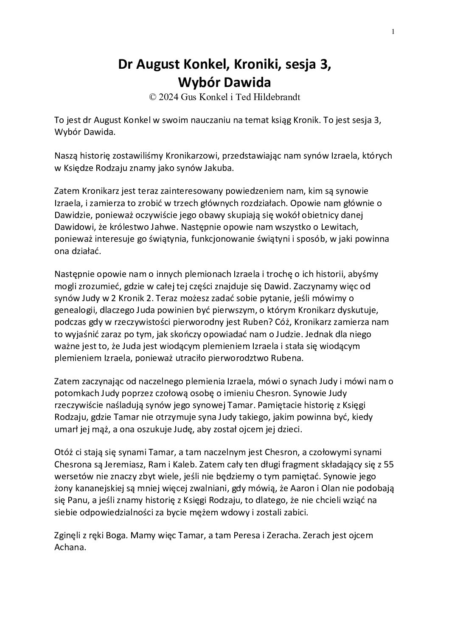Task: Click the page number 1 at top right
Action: [393, 31]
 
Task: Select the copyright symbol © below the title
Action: [152, 97]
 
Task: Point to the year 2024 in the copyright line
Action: [168, 97]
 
